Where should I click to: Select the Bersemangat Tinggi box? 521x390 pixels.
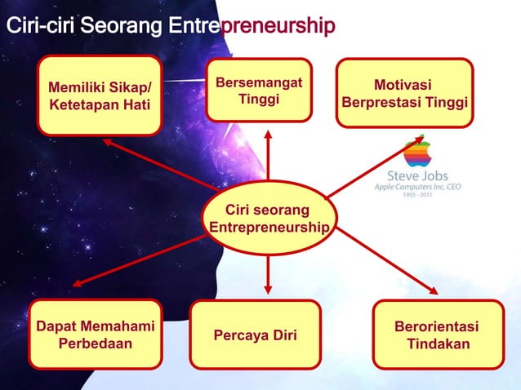pos(259,90)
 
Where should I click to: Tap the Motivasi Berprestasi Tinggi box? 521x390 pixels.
pos(404,93)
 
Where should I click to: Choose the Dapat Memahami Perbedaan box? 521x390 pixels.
pos(95,335)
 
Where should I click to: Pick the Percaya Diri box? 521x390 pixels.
pos(255,335)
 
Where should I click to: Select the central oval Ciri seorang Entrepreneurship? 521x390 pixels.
pos(268,217)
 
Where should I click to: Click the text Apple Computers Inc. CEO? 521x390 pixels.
pos(417,187)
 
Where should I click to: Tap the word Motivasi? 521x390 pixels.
pos(403,86)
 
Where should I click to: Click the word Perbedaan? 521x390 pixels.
pos(95,343)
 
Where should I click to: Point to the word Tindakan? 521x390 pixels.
pos(438,344)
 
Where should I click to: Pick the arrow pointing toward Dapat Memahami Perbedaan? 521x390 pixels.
pos(139,259)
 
